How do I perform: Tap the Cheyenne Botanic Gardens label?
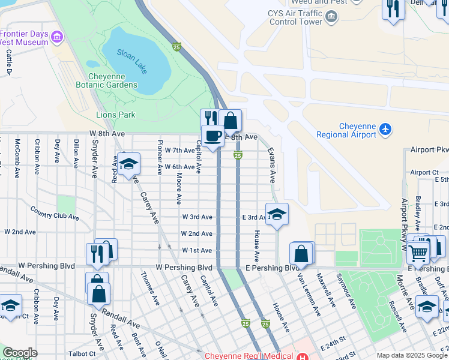tap(113, 80)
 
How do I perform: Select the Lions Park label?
tap(115, 115)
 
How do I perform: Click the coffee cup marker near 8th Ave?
tap(211, 137)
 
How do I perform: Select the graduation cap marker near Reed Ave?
tap(128, 164)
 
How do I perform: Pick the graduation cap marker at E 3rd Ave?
tap(276, 214)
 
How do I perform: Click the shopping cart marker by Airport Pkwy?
tap(418, 252)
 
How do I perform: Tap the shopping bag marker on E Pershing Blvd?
tap(301, 254)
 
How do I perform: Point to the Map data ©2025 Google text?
tap(412, 355)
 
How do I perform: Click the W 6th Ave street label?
tap(180, 167)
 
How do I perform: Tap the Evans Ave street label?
tap(271, 165)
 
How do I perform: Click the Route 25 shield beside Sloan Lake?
tap(176, 46)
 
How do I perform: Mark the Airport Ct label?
tap(424, 172)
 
